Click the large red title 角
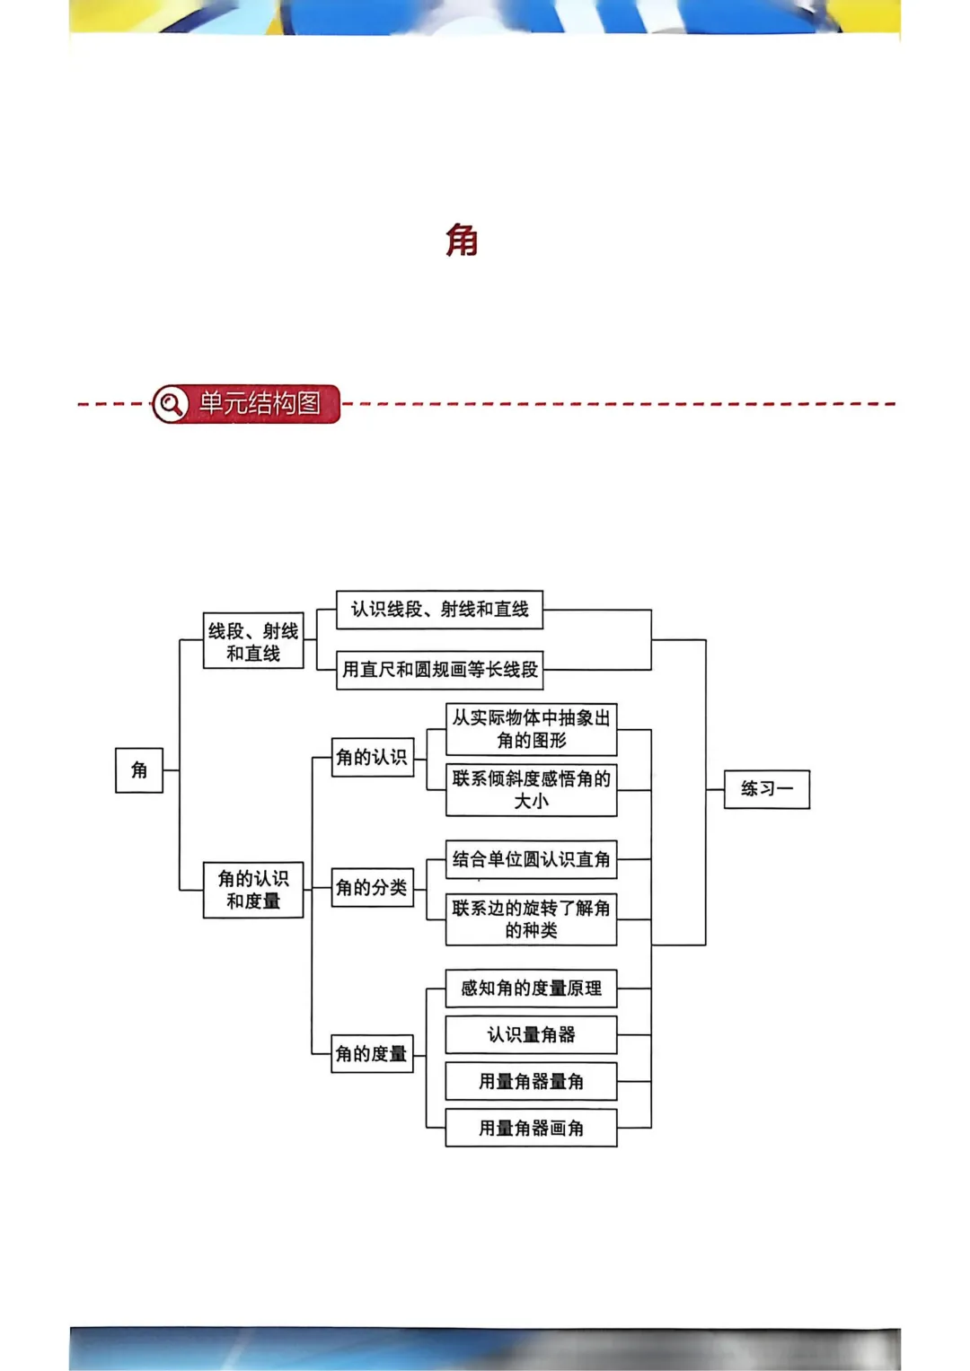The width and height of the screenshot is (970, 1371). click(462, 241)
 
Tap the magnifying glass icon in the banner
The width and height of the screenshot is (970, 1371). click(170, 404)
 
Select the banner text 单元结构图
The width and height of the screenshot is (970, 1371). click(260, 403)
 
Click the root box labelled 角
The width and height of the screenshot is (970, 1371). click(139, 770)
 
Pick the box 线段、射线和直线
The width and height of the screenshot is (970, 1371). click(253, 641)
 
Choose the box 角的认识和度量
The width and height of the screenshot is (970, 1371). click(253, 890)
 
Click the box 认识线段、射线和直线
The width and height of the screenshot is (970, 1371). click(439, 610)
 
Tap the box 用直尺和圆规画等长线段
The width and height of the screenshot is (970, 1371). click(439, 670)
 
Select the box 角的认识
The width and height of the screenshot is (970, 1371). click(372, 757)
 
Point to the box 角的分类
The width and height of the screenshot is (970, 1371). click(372, 888)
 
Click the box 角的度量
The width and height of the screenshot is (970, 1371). click(372, 1053)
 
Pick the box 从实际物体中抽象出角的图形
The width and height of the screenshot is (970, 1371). click(531, 729)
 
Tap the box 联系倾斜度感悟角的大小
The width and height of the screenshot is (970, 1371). click(531, 790)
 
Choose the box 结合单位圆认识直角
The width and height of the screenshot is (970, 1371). click(531, 859)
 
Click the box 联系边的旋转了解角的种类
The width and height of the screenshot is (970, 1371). click(531, 919)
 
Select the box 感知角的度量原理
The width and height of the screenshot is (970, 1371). click(531, 989)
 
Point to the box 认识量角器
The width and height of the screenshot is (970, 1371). click(531, 1035)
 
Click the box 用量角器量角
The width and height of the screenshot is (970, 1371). click(531, 1082)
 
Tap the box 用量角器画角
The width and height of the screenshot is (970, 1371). click(531, 1129)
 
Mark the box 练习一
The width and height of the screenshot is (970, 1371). click(766, 789)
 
